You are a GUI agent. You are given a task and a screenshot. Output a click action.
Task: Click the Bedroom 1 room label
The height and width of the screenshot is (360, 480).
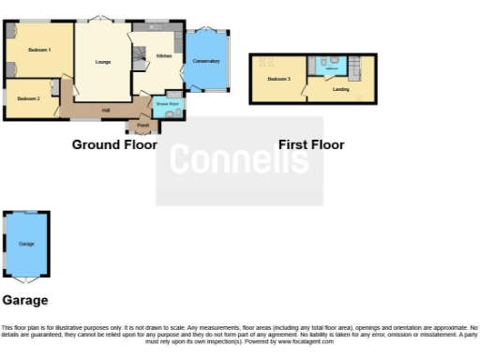coord(38,49)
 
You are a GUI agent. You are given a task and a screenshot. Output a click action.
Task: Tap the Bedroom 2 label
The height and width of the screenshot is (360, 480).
coord(28,97)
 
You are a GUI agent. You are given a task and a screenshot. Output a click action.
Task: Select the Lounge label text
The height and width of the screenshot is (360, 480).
coord(103,62)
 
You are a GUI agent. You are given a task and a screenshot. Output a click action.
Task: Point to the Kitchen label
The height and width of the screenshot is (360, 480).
coord(164,56)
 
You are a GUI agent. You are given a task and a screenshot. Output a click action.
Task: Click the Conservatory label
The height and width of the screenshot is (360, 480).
coord(206,61)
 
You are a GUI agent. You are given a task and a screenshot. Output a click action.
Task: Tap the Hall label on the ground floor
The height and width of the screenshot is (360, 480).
coord(106,110)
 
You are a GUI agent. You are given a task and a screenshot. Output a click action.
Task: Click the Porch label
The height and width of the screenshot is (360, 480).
coord(142,125)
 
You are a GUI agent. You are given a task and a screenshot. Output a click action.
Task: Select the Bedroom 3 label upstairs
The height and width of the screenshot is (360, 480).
coord(278,79)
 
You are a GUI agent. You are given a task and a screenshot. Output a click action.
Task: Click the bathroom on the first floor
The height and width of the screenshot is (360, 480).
coord(331,67)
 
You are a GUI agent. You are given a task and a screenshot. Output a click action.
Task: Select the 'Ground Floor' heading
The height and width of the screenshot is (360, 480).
coord(110,144)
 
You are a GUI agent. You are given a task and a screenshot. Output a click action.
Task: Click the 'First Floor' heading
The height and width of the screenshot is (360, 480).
coord(311,144)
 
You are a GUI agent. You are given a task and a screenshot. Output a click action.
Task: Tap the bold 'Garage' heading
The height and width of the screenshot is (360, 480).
coord(25,301)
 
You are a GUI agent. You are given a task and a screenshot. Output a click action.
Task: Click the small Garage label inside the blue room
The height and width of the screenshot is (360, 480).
coord(26,244)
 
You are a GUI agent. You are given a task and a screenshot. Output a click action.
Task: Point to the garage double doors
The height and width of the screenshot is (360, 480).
coord(26,279)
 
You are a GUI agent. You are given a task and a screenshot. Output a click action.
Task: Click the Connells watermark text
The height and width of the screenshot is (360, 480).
coord(239,160)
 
